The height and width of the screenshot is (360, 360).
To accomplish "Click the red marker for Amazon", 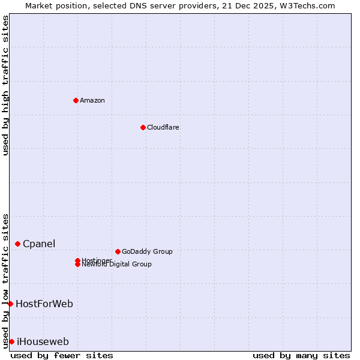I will pyautogui.click(x=76, y=100).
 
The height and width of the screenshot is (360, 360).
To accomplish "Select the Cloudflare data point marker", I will pyautogui.click(x=143, y=127).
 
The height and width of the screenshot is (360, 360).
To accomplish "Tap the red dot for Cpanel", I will pyautogui.click(x=18, y=244).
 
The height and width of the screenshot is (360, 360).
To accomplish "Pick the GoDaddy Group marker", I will pyautogui.click(x=118, y=251).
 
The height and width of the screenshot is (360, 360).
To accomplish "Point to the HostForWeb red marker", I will pyautogui.click(x=10, y=304).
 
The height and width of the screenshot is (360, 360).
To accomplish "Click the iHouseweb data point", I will pyautogui.click(x=11, y=341).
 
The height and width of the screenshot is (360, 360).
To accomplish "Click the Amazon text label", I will pyautogui.click(x=92, y=100).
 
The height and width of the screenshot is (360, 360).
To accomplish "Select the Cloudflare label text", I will pyautogui.click(x=163, y=127).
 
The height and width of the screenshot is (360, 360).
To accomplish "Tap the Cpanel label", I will pyautogui.click(x=39, y=244).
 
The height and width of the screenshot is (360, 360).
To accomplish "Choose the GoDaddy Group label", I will pyautogui.click(x=147, y=251).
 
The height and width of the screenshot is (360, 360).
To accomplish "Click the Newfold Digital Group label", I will pyautogui.click(x=116, y=265).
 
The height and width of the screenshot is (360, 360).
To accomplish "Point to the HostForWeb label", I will pyautogui.click(x=44, y=304).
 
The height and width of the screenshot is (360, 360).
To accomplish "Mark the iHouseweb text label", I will pyautogui.click(x=43, y=341).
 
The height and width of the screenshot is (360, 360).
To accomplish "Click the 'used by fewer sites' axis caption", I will pyautogui.click(x=62, y=355).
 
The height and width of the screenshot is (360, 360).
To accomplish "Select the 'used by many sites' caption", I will pyautogui.click(x=301, y=355).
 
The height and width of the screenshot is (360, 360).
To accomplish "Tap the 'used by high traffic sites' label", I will pyautogui.click(x=6, y=85).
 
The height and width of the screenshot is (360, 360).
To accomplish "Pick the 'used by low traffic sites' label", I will pyautogui.click(x=6, y=280).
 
